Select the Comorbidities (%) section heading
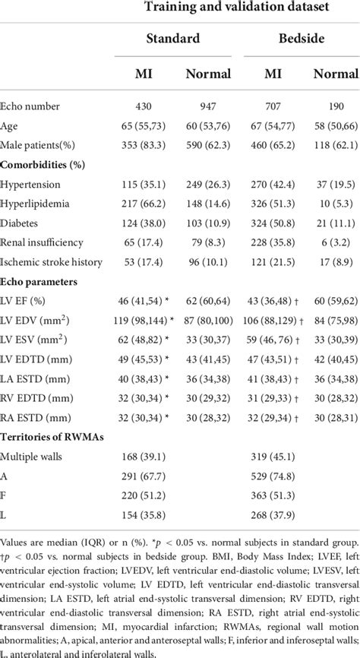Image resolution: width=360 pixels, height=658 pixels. click(43, 163)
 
